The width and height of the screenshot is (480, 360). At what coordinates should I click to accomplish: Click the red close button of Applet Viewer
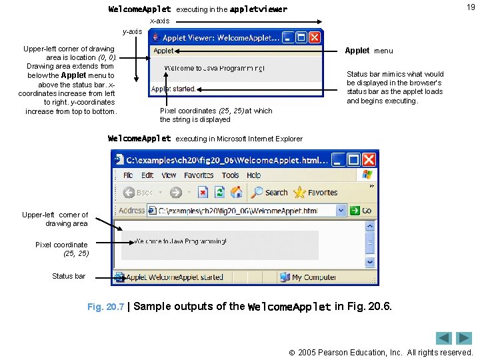(x=315, y=38)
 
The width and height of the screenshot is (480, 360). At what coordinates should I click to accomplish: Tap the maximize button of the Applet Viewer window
(x=301, y=38)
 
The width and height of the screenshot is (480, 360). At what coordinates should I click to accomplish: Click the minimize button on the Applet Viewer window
(x=287, y=38)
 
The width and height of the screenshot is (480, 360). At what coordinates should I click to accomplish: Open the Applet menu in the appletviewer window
(x=163, y=51)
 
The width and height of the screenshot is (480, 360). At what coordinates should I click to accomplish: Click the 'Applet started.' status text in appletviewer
(x=173, y=89)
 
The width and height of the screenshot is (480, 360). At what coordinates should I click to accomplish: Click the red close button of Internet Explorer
(x=369, y=160)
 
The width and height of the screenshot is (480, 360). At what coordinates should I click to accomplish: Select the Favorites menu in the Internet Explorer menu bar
(x=199, y=175)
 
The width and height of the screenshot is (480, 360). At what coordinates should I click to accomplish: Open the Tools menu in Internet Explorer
(x=230, y=175)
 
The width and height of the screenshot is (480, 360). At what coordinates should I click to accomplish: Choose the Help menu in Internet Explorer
(x=253, y=175)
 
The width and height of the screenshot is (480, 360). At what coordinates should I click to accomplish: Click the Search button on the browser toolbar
(x=269, y=193)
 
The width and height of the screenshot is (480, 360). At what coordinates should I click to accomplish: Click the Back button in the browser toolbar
(x=139, y=193)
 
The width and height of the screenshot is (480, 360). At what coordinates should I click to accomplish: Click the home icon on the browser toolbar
(x=236, y=193)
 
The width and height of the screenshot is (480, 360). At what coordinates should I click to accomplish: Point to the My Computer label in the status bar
(x=313, y=277)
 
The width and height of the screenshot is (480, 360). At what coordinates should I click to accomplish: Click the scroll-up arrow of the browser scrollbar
(x=370, y=226)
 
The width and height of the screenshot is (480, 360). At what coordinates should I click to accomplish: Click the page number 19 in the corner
(x=471, y=7)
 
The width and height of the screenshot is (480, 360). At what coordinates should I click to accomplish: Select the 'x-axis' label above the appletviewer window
(x=159, y=21)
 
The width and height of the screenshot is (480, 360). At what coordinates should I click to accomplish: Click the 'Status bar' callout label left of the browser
(x=69, y=276)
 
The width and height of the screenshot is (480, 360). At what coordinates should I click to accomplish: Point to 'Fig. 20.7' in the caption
(x=105, y=307)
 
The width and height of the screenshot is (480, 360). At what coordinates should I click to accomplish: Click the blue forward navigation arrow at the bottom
(x=464, y=338)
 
